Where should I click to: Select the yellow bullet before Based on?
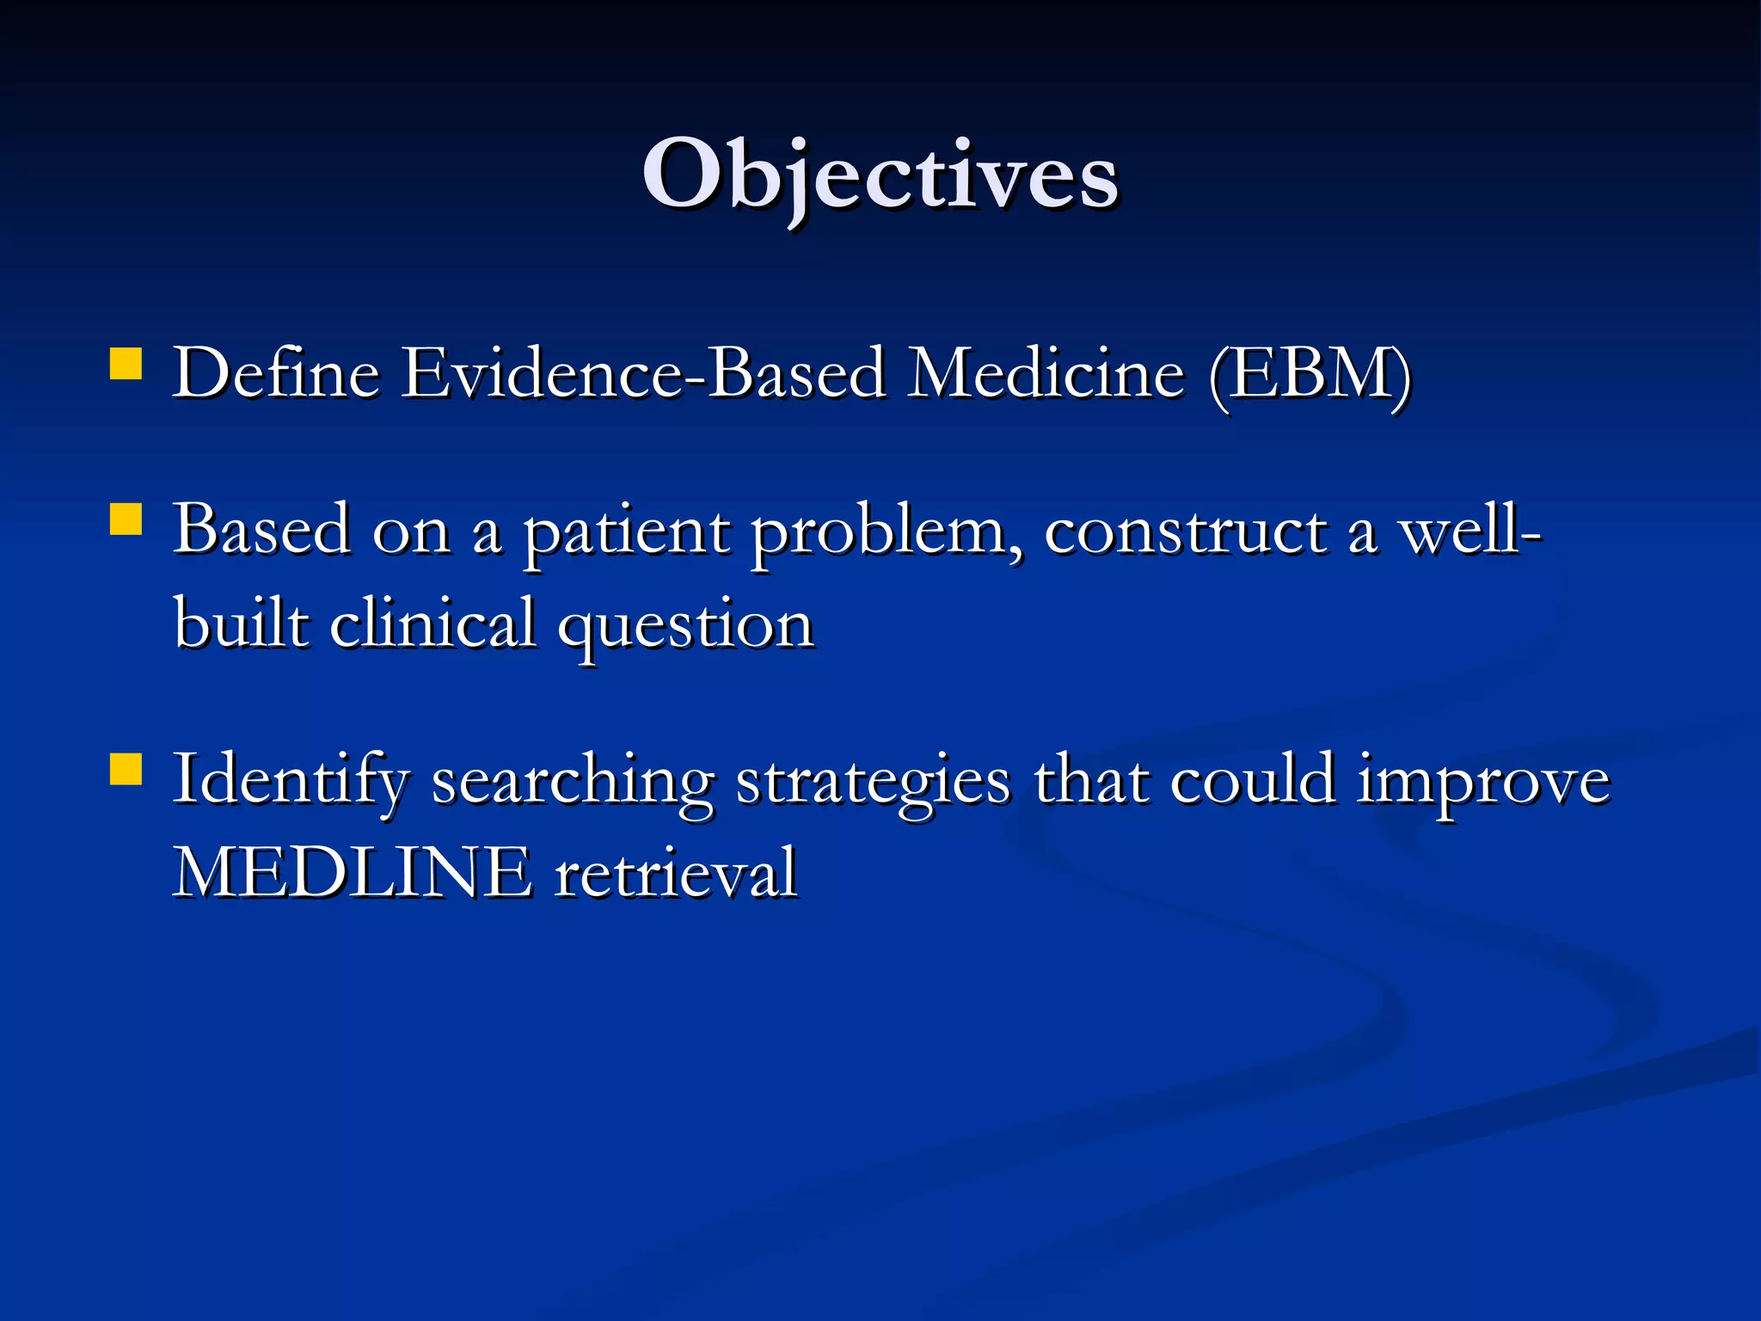click(126, 520)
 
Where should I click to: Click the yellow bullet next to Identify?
click(126, 770)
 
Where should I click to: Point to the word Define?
click(276, 373)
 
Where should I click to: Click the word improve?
click(1483, 783)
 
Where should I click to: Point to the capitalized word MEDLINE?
click(353, 874)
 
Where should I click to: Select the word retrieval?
click(676, 874)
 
